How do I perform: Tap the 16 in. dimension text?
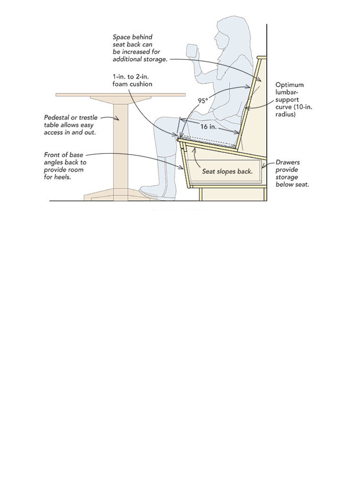[x=208, y=127]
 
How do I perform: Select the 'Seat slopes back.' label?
[x=227, y=172]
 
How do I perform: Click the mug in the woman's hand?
[x=192, y=50]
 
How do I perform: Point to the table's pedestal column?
[x=120, y=146]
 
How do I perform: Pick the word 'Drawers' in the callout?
[x=287, y=163]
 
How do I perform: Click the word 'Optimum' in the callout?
[x=289, y=85]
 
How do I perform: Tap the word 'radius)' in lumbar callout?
[x=285, y=114]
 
